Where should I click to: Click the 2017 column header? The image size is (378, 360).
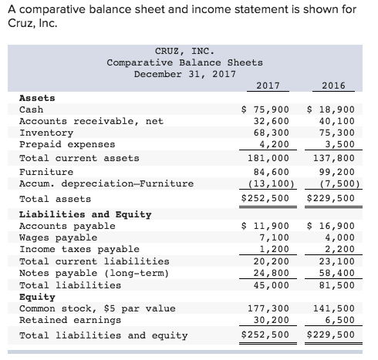coord(267,86)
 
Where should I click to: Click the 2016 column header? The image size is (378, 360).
coord(332,86)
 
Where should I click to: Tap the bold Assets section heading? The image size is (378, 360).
coord(36,98)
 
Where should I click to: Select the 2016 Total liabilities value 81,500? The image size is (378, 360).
coord(336,284)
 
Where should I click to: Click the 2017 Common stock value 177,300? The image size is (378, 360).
coord(269,308)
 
